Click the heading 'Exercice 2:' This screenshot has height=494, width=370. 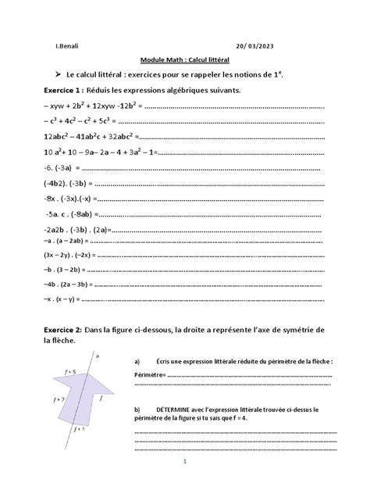point(62,330)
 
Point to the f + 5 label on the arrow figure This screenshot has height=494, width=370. point(71,373)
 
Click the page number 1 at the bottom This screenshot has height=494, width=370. point(185,461)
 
